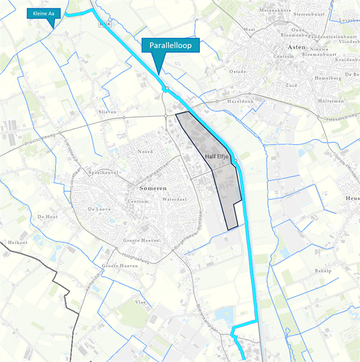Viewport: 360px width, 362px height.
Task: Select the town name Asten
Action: (x=296, y=46)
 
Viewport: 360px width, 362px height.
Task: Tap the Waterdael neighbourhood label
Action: (x=175, y=198)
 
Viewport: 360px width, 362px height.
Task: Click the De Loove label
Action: (x=100, y=209)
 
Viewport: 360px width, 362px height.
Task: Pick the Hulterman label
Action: (x=331, y=101)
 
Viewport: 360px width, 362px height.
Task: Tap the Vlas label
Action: (x=141, y=303)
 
